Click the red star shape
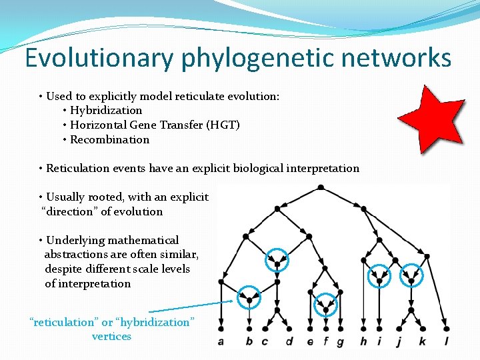click(x=431, y=120)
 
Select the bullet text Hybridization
click(x=106, y=110)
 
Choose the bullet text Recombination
click(x=109, y=139)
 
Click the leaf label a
click(x=221, y=342)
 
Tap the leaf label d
click(x=289, y=342)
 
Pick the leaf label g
click(x=341, y=342)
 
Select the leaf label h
click(x=363, y=342)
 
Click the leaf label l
click(x=447, y=342)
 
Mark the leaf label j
click(x=399, y=342)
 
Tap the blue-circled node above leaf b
click(x=249, y=300)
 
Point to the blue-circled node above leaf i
click(x=379, y=280)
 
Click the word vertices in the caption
click(x=111, y=337)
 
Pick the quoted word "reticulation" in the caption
click(x=64, y=322)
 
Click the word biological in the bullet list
click(x=257, y=168)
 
